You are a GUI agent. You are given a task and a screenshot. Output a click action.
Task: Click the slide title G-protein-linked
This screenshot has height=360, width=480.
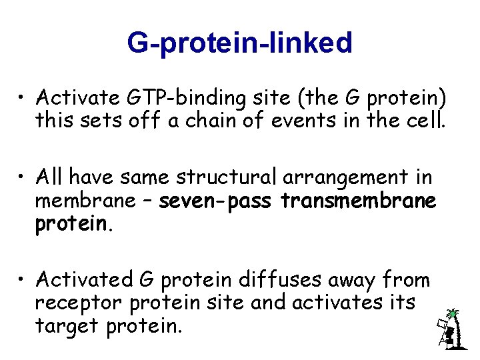pos(239,43)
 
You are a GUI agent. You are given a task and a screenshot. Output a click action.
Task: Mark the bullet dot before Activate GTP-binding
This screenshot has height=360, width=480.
pos(23,99)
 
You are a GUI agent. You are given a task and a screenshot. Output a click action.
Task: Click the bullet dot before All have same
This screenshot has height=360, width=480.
pos(23,179)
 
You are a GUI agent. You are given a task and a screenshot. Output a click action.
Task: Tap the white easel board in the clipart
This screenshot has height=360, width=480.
pos(441,327)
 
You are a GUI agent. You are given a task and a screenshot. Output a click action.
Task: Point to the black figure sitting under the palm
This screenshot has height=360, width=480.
pos(451,335)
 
